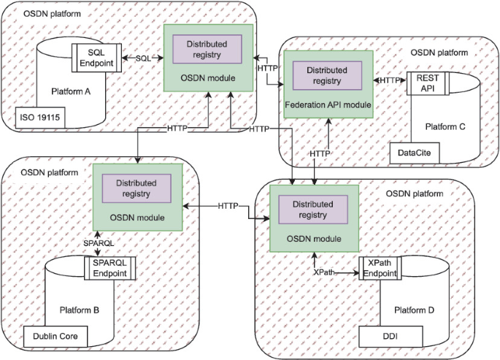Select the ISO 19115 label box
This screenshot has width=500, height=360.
click(x=40, y=115)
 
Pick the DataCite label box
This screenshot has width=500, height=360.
click(x=414, y=153)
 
